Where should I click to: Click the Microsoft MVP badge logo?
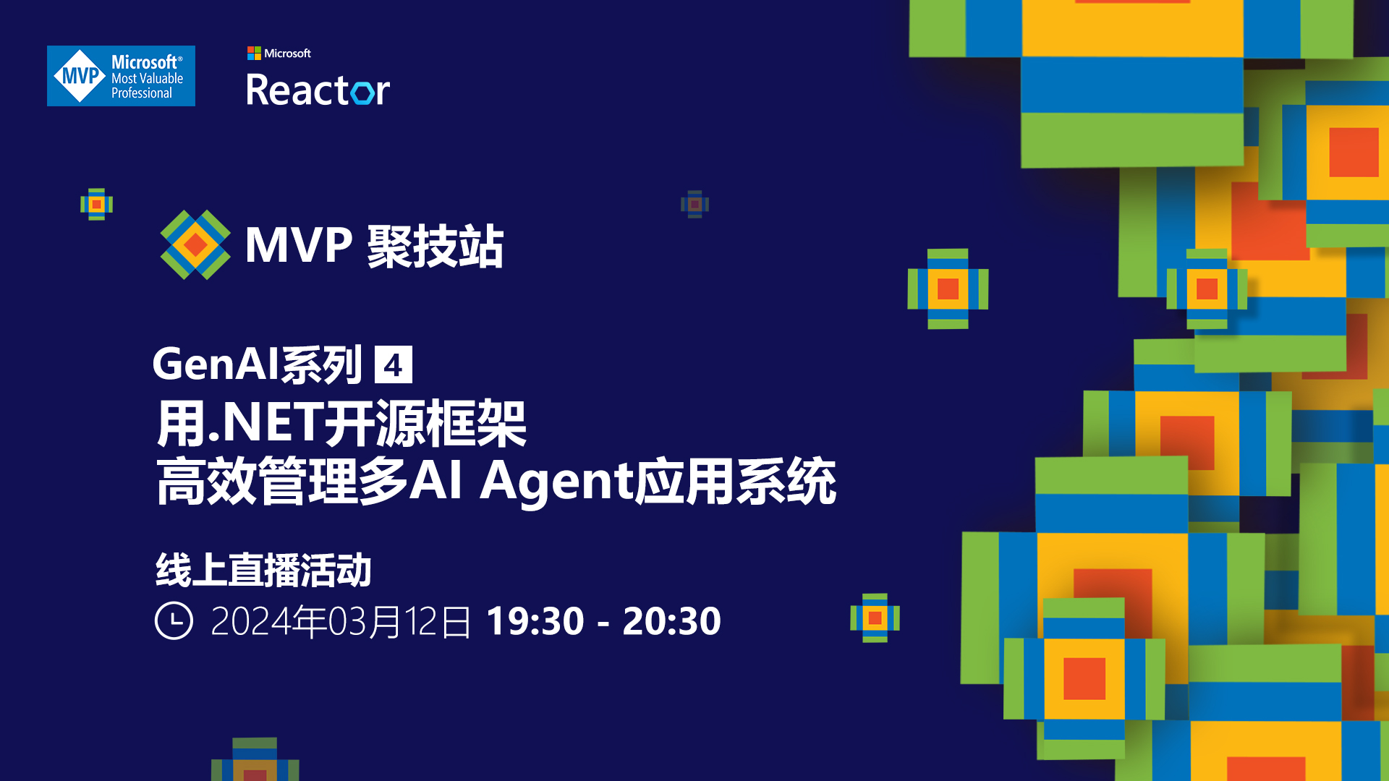pyautogui.click(x=121, y=76)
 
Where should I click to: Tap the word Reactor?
pyautogui.click(x=318, y=90)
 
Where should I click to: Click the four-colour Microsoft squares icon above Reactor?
pyautogui.click(x=254, y=53)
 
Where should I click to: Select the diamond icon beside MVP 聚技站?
pyautogui.click(x=195, y=244)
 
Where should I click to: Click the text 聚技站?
pyautogui.click(x=436, y=246)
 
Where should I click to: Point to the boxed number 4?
pyautogui.click(x=394, y=364)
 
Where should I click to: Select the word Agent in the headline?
pyautogui.click(x=556, y=482)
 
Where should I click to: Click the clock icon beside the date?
pyautogui.click(x=174, y=620)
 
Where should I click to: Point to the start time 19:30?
pyautogui.click(x=535, y=621)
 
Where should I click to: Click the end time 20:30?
pyautogui.click(x=672, y=621)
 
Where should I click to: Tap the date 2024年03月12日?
pyautogui.click(x=341, y=621)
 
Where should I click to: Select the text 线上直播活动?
pyautogui.click(x=264, y=570)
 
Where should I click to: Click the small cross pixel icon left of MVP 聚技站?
pyautogui.click(x=96, y=204)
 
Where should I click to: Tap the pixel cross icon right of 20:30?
pyautogui.click(x=875, y=618)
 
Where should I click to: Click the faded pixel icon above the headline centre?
pyautogui.click(x=694, y=205)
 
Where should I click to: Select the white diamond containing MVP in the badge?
pyautogui.click(x=80, y=76)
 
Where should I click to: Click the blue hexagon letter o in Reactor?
pyautogui.click(x=362, y=92)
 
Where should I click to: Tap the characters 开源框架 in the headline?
pyautogui.click(x=425, y=423)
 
